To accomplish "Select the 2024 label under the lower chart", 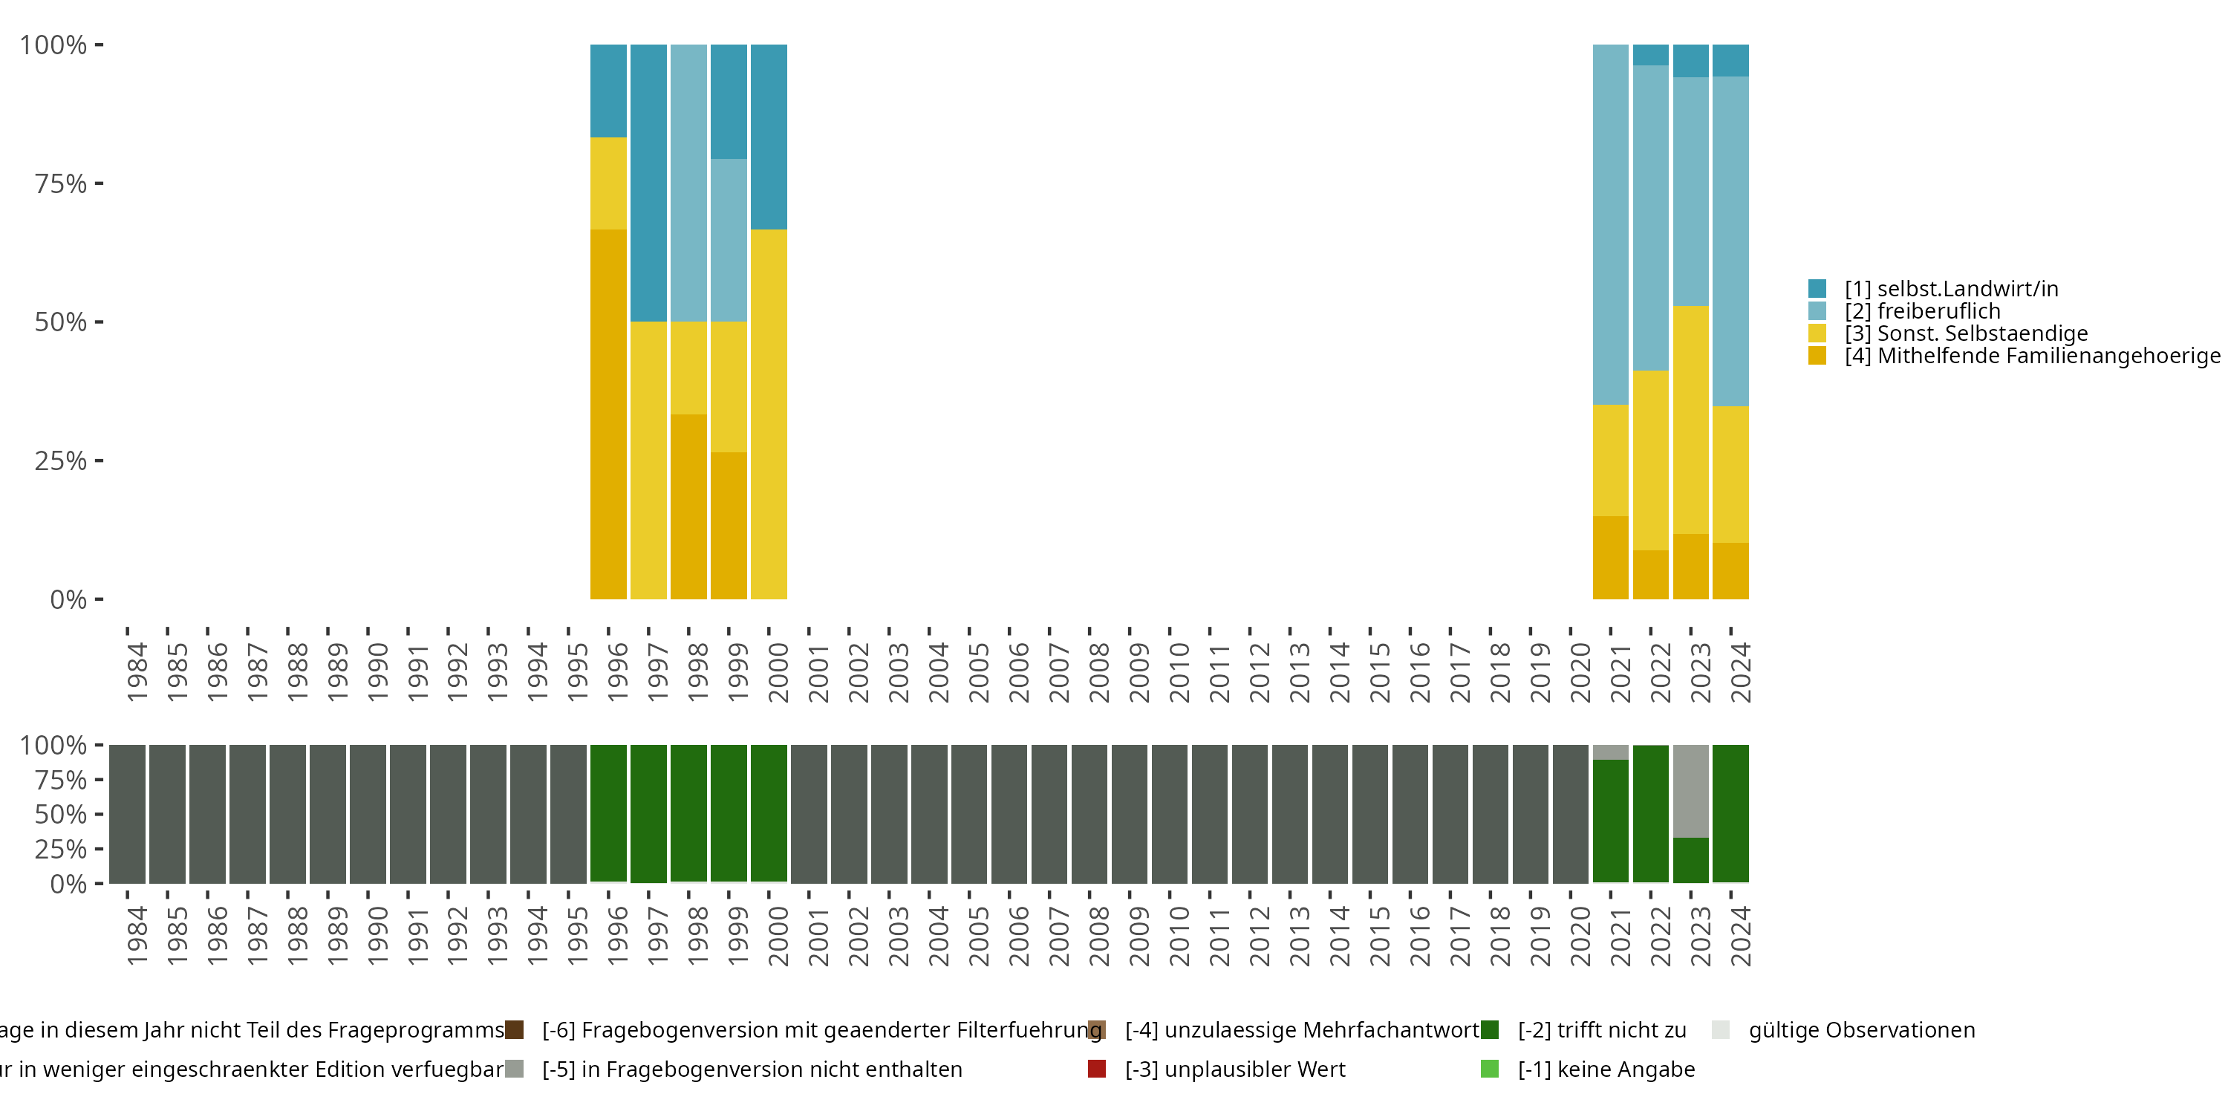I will (x=1739, y=936).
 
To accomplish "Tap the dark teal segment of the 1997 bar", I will (x=648, y=183).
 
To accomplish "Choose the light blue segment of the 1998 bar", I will (x=688, y=183).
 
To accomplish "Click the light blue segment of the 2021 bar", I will (x=1610, y=224).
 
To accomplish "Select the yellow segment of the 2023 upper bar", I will (x=1691, y=420).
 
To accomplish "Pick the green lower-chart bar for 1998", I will (x=688, y=813).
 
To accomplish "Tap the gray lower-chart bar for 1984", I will (x=127, y=813).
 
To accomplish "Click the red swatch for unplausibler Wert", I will (x=1097, y=1069).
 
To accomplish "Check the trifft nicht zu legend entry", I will (x=1601, y=1030).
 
